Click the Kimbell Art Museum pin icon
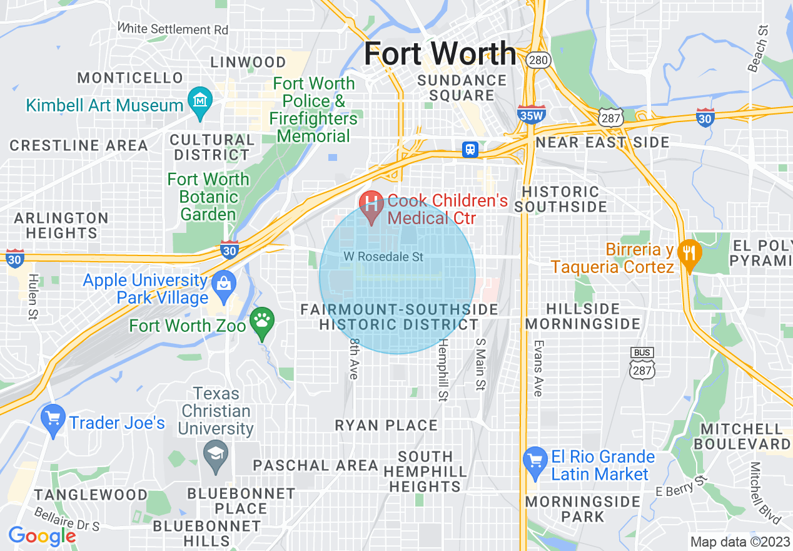pyautogui.click(x=200, y=101)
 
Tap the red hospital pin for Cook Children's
pyautogui.click(x=372, y=205)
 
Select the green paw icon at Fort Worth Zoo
pyautogui.click(x=262, y=322)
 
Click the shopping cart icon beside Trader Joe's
pyautogui.click(x=53, y=419)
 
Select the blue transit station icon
pyautogui.click(x=470, y=150)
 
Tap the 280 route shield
pyautogui.click(x=538, y=60)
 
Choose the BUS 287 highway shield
pyautogui.click(x=642, y=364)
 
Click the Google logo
pyautogui.click(x=41, y=536)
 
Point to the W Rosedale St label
pyautogui.click(x=383, y=257)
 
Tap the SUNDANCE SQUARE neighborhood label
pyautogui.click(x=462, y=88)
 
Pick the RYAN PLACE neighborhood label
pyautogui.click(x=386, y=425)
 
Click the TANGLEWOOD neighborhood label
pyautogui.click(x=91, y=494)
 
